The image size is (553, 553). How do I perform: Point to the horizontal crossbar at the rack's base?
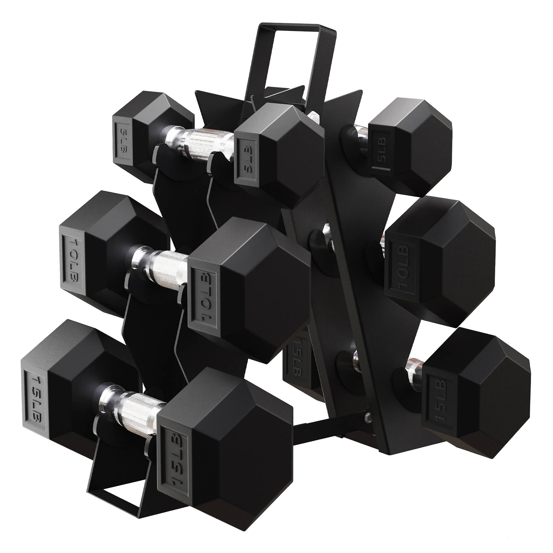tap(320, 438)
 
